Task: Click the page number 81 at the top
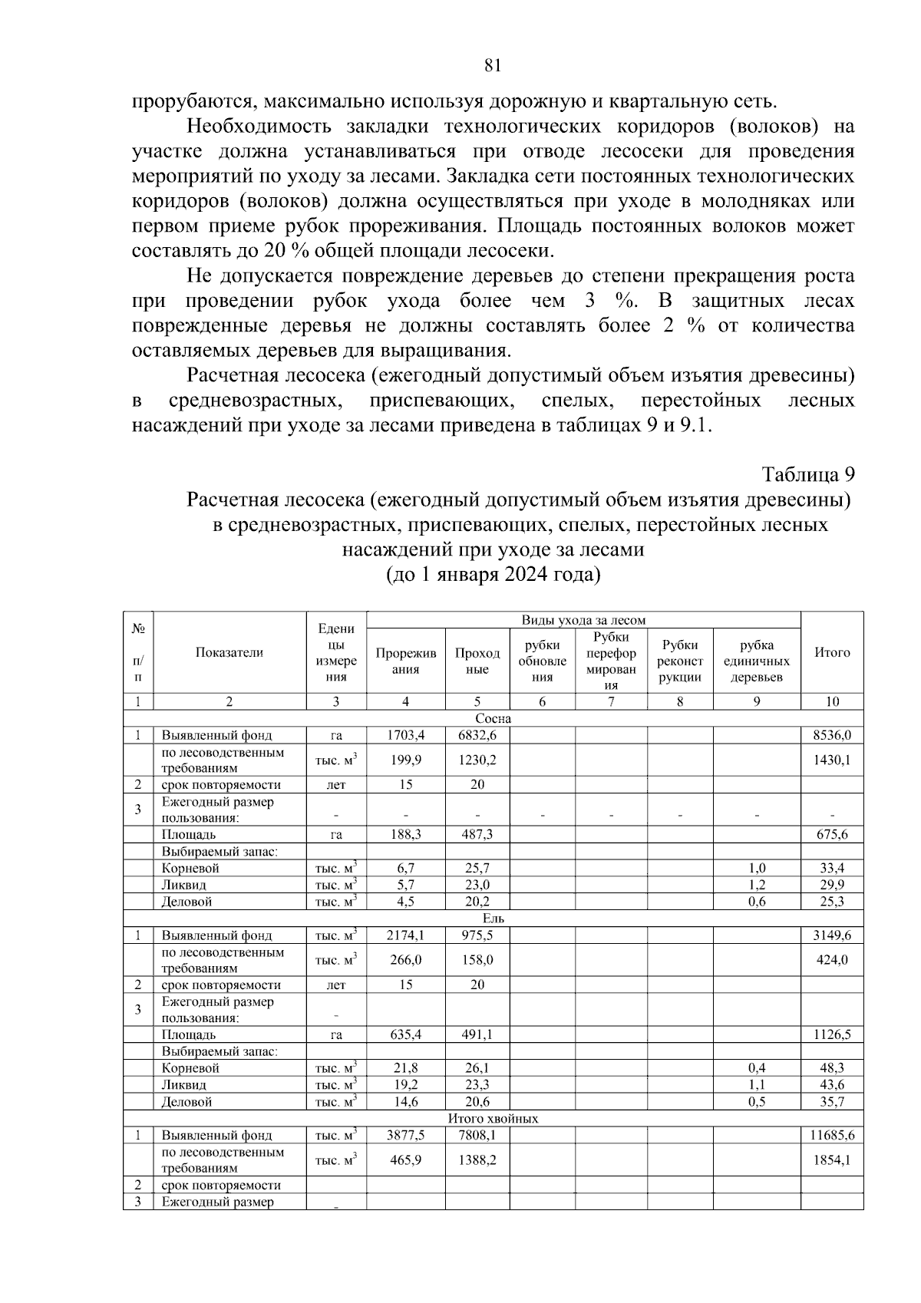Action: coord(493,66)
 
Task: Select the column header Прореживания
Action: coord(405,661)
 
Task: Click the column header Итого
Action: coord(832,652)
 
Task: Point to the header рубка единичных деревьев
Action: coord(757,661)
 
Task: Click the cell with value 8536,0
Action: coord(832,735)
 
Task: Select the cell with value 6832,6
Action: coord(477,735)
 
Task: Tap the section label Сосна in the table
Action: coord(493,719)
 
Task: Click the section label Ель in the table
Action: coord(493,919)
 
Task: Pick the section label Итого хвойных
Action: coord(493,1119)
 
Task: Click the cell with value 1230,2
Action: coord(477,760)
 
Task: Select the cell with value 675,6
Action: coord(832,835)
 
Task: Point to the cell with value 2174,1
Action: coord(405,935)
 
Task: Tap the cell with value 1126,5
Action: coord(832,1034)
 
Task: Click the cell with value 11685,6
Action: coord(832,1135)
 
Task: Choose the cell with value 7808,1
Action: coord(477,1135)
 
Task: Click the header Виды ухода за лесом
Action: coord(583,620)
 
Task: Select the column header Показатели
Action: coord(229,652)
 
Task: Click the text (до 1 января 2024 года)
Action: coord(493,575)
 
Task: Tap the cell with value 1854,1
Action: coord(832,1160)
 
